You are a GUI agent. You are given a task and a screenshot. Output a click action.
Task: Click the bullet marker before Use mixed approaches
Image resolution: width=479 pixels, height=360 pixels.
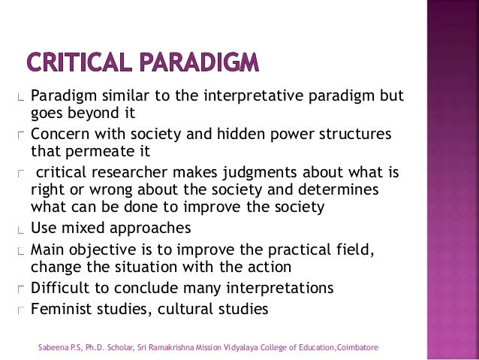(23, 229)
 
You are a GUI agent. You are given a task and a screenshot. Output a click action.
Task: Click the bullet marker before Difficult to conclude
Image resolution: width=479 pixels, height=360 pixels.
(23, 289)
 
